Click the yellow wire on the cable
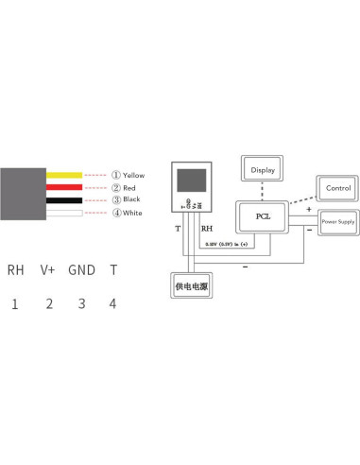click(63, 175)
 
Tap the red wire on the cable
click(63, 187)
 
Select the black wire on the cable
click(63, 200)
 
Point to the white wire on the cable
click(63, 213)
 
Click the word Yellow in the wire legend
click(134, 175)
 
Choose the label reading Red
click(129, 187)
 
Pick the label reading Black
click(131, 200)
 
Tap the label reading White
click(132, 213)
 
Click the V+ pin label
click(48, 269)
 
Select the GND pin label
click(81, 269)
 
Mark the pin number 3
click(81, 303)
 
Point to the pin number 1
click(15, 303)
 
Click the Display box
click(261, 170)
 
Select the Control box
click(337, 188)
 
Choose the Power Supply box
click(337, 224)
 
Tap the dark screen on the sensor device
click(189, 181)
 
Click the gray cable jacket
click(24, 194)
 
